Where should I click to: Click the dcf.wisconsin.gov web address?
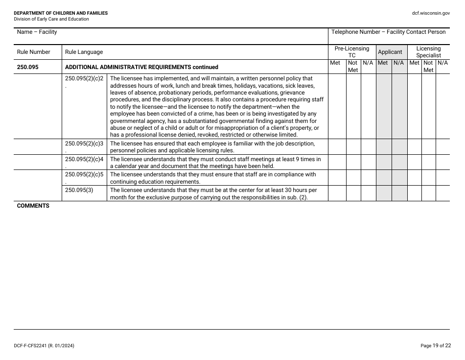pyautogui.click(x=431, y=13)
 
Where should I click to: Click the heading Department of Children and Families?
pyautogui.click(x=61, y=13)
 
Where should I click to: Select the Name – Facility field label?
pyautogui.click(x=37, y=32)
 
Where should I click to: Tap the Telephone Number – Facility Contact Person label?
pyautogui.click(x=388, y=32)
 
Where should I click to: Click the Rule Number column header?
pyautogui.click(x=33, y=52)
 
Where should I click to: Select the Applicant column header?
pyautogui.click(x=390, y=52)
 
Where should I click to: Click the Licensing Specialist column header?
pyautogui.click(x=428, y=52)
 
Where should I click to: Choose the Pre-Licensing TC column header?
pyautogui.click(x=351, y=52)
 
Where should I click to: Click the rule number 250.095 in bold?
pyautogui.click(x=27, y=67)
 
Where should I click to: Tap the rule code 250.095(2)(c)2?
pyautogui.click(x=84, y=78)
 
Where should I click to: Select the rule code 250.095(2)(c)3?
pyautogui.click(x=84, y=144)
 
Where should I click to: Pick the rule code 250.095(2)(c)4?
pyautogui.click(x=84, y=159)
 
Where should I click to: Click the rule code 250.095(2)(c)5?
pyautogui.click(x=84, y=174)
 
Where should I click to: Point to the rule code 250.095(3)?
pyautogui.click(x=79, y=190)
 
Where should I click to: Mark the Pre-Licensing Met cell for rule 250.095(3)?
pyautogui.click(x=337, y=193)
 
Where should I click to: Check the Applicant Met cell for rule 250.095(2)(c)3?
pyautogui.click(x=383, y=147)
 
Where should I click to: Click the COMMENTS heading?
pyautogui.click(x=33, y=206)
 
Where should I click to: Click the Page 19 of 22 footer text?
pyautogui.click(x=435, y=346)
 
